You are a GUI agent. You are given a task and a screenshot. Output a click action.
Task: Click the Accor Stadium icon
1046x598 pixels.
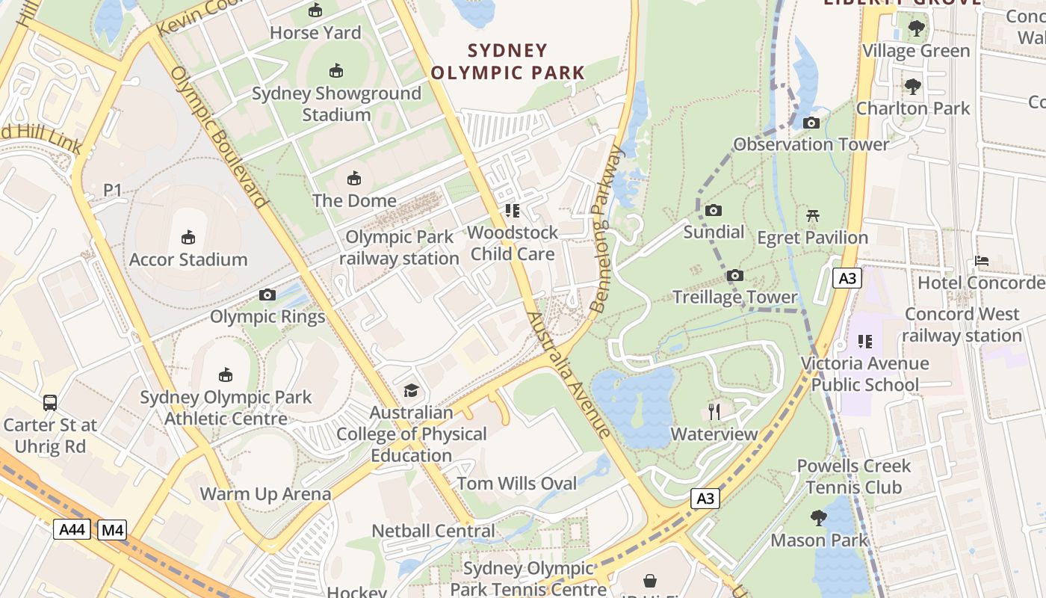[x=188, y=238]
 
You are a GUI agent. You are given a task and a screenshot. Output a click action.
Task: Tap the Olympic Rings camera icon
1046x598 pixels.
[x=267, y=295]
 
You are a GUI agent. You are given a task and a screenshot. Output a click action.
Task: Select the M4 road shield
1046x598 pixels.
[x=111, y=530]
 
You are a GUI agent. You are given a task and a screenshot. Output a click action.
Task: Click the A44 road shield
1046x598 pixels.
[x=72, y=530]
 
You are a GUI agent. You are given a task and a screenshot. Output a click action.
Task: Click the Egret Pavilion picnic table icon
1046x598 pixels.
[x=813, y=216]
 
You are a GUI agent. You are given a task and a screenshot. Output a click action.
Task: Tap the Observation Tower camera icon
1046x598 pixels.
[x=811, y=123]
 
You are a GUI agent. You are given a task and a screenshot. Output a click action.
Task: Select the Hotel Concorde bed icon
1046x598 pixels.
[x=982, y=261]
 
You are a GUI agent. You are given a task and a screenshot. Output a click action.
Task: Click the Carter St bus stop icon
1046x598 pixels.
[x=50, y=403]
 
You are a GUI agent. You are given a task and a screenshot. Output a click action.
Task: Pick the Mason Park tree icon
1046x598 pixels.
[x=819, y=517]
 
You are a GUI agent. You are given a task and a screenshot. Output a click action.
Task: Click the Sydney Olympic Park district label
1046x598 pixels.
[x=508, y=62]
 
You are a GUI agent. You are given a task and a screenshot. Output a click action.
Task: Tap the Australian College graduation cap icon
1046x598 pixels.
[x=411, y=390]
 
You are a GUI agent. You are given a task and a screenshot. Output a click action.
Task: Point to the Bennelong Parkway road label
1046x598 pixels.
[x=607, y=229]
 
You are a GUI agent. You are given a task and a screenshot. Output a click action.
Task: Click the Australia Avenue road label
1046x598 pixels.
[x=569, y=374]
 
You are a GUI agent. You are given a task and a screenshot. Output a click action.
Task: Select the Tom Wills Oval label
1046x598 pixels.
[x=517, y=484]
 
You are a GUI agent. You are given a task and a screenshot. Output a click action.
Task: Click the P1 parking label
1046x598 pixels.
[x=112, y=191]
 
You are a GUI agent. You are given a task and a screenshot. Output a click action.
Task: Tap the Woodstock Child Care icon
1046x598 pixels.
[x=512, y=211]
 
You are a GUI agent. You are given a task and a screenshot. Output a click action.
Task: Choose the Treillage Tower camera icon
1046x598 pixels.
[x=735, y=276]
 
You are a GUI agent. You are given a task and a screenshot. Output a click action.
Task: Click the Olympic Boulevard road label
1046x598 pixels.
[x=218, y=137]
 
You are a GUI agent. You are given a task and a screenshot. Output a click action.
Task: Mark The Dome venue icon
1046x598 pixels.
[x=354, y=179]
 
